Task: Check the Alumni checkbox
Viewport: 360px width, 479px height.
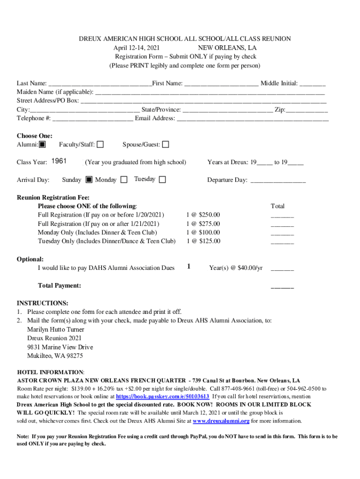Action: coord(42,145)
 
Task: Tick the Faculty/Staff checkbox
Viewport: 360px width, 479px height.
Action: coord(100,145)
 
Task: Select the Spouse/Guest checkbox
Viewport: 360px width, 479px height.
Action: coord(166,145)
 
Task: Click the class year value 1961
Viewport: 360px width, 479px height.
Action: coord(59,161)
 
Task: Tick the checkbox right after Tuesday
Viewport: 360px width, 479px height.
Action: coord(162,179)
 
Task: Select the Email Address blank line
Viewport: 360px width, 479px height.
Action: coord(252,119)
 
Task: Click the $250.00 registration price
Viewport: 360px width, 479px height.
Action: coord(209,215)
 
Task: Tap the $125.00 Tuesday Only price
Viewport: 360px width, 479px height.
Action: coord(209,241)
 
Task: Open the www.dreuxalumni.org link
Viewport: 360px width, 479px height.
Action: coord(221,421)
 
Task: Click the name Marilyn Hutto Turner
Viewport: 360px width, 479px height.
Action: coord(56,329)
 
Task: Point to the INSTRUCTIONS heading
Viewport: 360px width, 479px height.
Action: coord(43,303)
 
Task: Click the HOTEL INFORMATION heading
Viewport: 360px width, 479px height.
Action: coord(50,372)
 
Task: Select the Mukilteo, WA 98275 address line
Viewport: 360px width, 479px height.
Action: coord(55,356)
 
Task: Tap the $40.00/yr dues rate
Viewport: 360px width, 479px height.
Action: coord(250,268)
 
